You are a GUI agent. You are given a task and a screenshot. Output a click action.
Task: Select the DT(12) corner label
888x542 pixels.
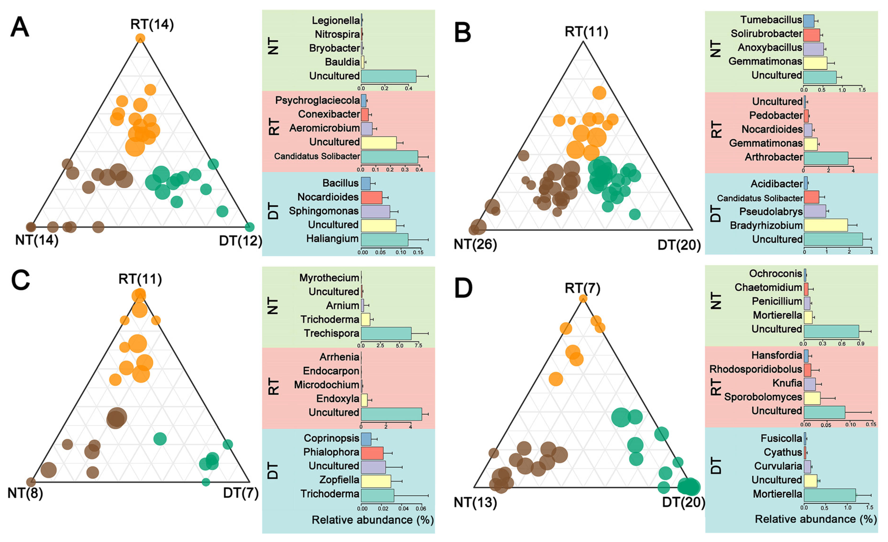tap(240, 240)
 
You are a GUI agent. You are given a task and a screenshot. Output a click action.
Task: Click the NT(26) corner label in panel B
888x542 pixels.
tap(475, 244)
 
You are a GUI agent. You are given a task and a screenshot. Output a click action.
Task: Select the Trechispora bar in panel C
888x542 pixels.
tap(386, 333)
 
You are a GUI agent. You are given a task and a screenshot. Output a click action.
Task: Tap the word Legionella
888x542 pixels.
tap(335, 21)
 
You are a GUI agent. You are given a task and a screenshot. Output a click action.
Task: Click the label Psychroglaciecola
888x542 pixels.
tap(317, 100)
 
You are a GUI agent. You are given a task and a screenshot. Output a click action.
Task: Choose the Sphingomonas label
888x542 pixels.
tap(324, 211)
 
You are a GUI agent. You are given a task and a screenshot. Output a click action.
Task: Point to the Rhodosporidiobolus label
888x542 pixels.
tap(755, 369)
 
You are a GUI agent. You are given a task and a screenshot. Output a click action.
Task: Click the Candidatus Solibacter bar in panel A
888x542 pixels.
tap(389, 157)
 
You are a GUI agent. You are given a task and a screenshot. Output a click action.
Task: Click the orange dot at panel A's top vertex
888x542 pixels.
tap(140, 38)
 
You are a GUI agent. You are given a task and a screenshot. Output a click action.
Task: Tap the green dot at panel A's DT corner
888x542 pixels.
tap(249, 227)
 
